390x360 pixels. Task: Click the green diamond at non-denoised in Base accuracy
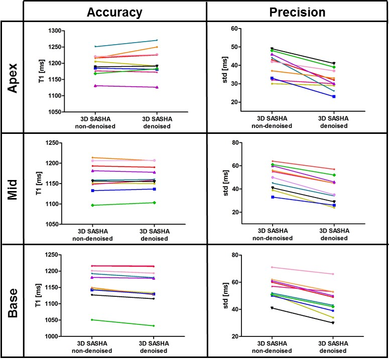(91, 319)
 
